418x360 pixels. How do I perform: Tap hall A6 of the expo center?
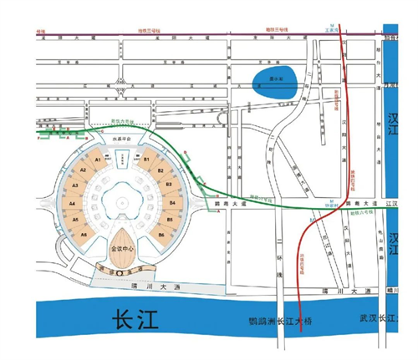[x=84, y=235]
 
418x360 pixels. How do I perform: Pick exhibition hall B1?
[x=147, y=159]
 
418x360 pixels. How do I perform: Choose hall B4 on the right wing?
[x=172, y=202]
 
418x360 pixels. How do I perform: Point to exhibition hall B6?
[x=161, y=235]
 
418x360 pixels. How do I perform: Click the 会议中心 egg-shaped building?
[x=122, y=248]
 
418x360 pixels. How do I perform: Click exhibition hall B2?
[x=161, y=171]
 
